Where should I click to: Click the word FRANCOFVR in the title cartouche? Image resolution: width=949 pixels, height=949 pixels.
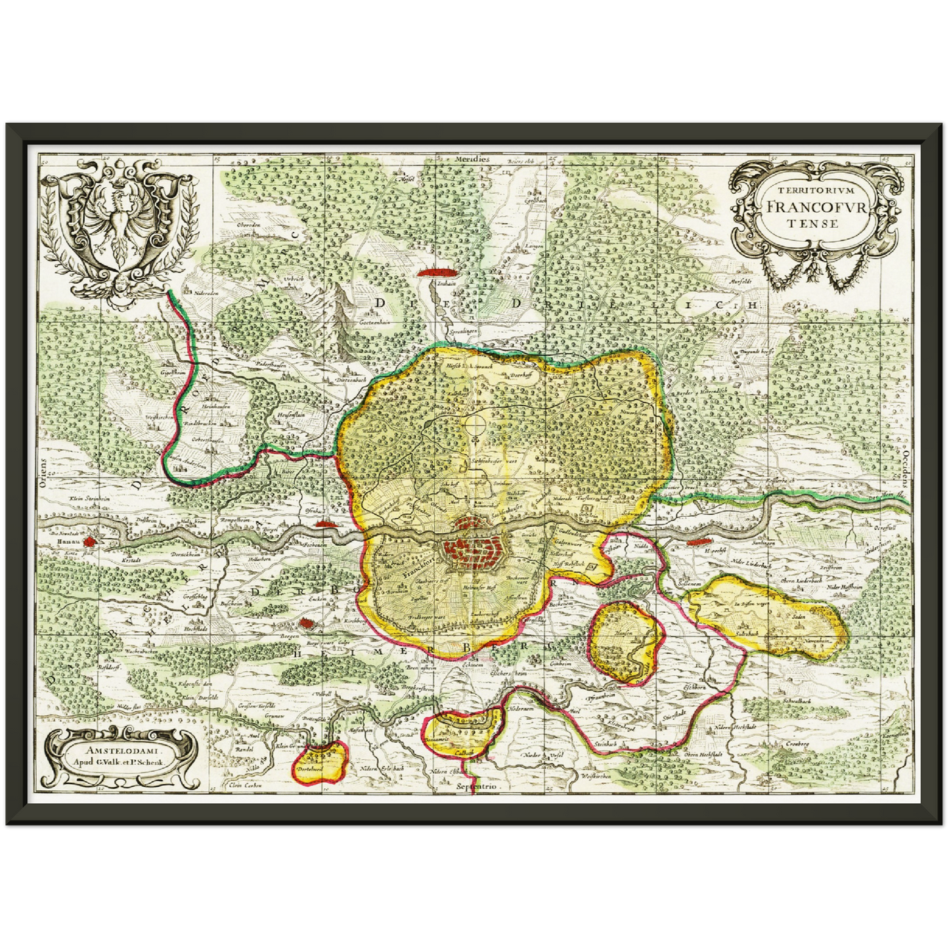[814, 205]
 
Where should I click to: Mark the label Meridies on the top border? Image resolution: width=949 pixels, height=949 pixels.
[475, 159]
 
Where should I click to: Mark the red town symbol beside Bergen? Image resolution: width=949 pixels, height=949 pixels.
[306, 624]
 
